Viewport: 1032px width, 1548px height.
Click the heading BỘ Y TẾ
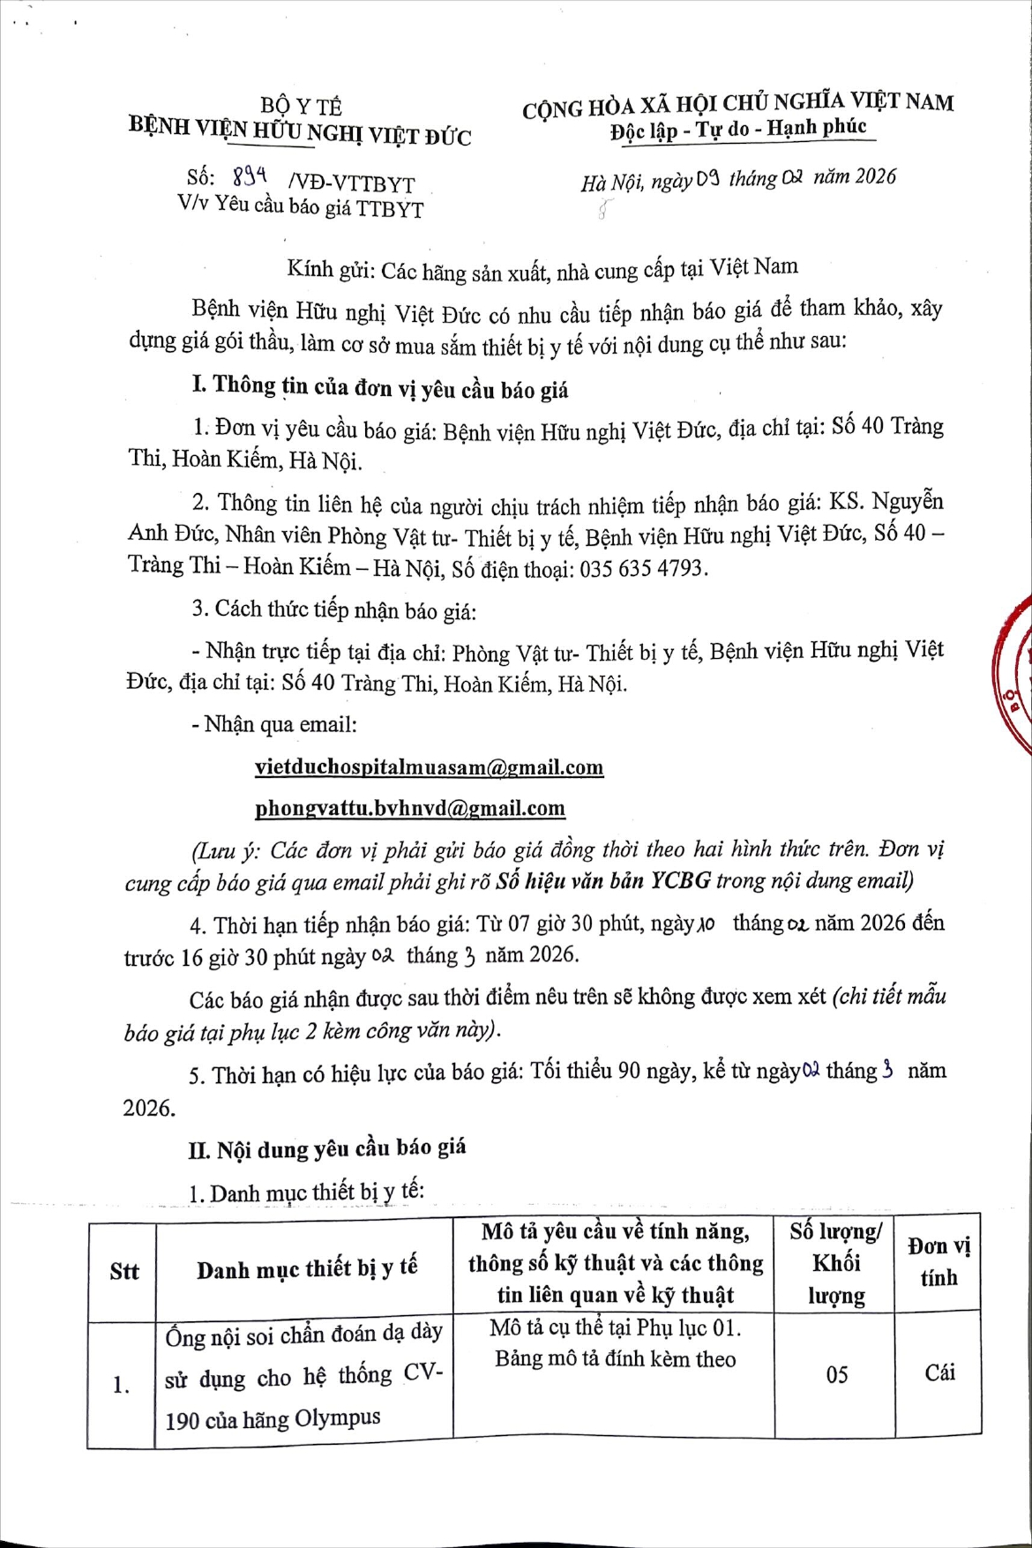[x=301, y=107]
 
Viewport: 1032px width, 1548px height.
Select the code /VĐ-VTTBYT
[x=351, y=183]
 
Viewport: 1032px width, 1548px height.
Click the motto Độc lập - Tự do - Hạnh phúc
[x=738, y=129]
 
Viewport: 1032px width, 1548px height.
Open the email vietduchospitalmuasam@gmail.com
[x=429, y=767]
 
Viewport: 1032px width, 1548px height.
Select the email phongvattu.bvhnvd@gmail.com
[x=409, y=807]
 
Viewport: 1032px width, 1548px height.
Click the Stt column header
[x=124, y=1271]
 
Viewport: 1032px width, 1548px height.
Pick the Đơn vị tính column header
[x=939, y=1261]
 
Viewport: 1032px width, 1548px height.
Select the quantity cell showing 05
[x=836, y=1373]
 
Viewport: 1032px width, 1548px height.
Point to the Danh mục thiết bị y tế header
[x=306, y=1269]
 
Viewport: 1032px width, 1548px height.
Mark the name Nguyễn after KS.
[x=908, y=502]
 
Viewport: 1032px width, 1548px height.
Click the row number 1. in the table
[x=121, y=1385]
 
